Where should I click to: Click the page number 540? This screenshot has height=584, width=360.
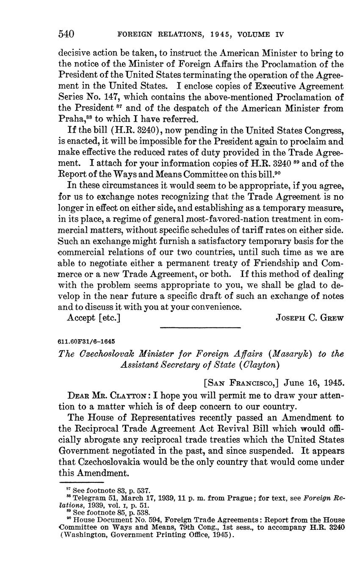coord(66,34)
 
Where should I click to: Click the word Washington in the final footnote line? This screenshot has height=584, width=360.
coord(83,535)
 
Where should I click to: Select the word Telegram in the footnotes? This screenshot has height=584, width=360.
coord(88,498)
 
